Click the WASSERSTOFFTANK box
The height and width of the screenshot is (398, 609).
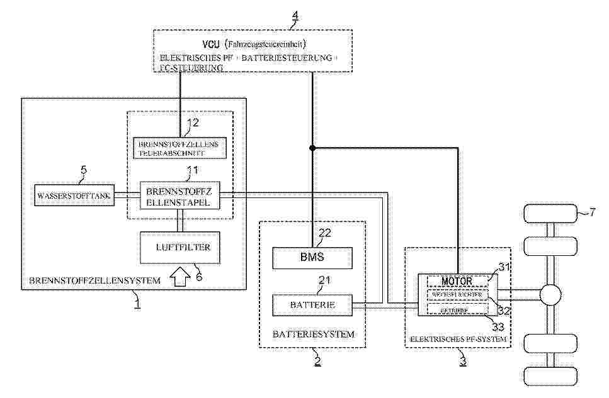click(x=74, y=196)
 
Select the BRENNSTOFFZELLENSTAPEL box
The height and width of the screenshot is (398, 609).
click(x=180, y=196)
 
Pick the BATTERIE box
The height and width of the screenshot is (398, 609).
click(x=311, y=305)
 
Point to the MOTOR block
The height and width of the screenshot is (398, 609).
click(x=457, y=279)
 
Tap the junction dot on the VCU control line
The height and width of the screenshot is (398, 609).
click(x=311, y=148)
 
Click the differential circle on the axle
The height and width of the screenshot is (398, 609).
click(x=551, y=294)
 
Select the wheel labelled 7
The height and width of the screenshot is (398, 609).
click(x=551, y=214)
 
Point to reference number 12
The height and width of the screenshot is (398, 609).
click(x=194, y=123)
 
